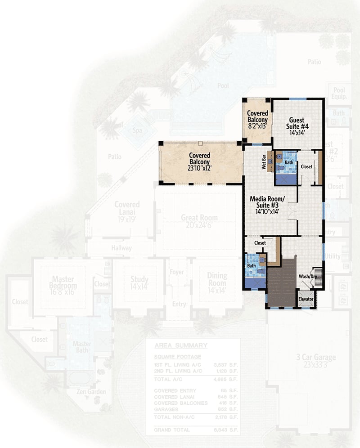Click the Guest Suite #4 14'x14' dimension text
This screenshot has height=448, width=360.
click(x=297, y=133)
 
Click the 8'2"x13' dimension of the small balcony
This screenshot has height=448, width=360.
click(x=258, y=126)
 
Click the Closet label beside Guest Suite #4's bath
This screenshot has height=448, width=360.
click(x=306, y=166)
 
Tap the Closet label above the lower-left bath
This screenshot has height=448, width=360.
click(x=260, y=243)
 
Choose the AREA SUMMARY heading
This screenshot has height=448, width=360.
click(x=180, y=345)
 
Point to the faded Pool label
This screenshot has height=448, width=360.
click(x=223, y=85)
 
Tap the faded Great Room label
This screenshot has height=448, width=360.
click(x=199, y=217)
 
